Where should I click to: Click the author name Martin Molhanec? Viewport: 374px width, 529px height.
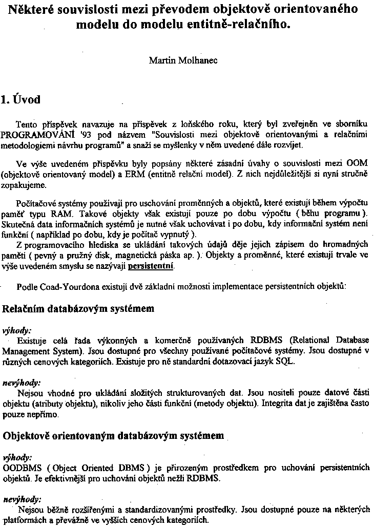183,60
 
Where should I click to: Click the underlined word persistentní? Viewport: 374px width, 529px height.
151,267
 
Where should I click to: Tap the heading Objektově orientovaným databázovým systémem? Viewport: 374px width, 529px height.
113,437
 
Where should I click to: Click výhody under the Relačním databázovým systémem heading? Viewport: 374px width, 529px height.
17,330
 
